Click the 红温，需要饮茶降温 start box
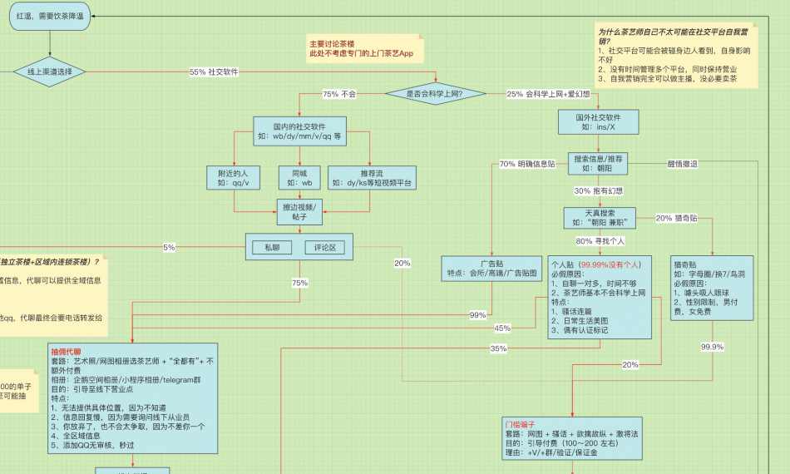(49, 16)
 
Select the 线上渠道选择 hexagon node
(50, 72)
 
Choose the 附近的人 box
(234, 177)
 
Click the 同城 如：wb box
(295, 177)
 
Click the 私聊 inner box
(273, 247)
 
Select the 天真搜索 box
(599, 218)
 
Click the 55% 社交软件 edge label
(214, 72)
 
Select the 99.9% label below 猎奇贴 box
(711, 347)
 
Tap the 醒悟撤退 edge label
(682, 164)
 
